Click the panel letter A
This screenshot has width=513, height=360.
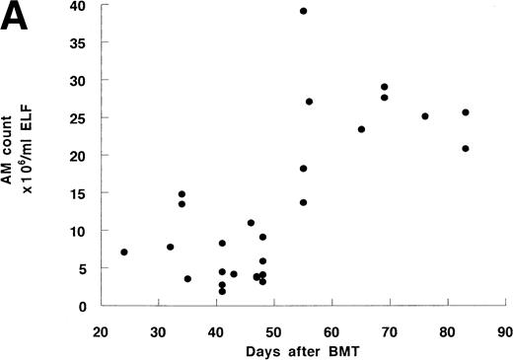20,19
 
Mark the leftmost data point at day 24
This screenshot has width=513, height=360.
123,252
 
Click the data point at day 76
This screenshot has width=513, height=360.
425,116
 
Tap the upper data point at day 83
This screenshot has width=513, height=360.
466,112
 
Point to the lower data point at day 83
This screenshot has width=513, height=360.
466,149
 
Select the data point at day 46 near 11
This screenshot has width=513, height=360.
251,223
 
